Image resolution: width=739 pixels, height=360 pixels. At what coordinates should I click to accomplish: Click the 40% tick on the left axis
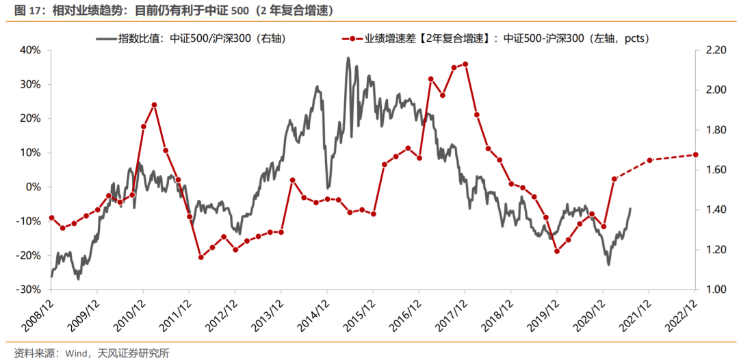[31, 50]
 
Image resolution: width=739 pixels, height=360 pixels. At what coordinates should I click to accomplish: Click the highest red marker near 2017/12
[465, 64]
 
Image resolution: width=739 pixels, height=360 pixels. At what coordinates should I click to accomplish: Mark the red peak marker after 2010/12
[154, 105]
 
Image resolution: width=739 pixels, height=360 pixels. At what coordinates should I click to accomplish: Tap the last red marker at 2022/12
[696, 154]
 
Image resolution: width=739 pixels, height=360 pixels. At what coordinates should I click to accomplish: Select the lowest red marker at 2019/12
[557, 251]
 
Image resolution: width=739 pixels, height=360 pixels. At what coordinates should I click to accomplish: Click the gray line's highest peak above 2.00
[348, 58]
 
